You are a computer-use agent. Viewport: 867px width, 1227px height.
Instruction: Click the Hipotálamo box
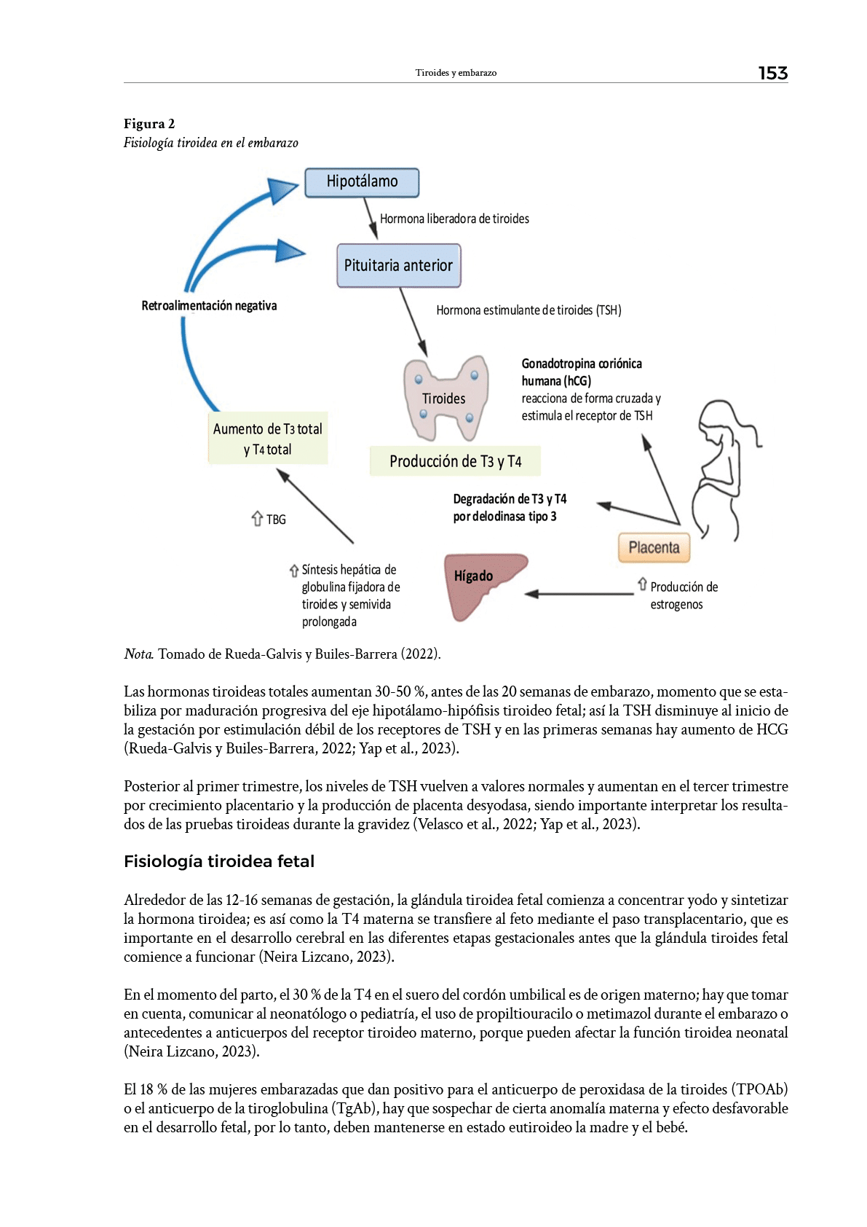(x=362, y=182)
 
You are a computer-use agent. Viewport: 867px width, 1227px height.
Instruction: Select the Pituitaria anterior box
(x=398, y=266)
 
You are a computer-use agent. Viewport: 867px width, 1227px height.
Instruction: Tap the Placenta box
(x=654, y=548)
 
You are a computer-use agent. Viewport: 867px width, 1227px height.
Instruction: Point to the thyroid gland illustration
(x=446, y=397)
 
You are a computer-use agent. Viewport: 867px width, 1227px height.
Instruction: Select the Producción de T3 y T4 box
(x=455, y=461)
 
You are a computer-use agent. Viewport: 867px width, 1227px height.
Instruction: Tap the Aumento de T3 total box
(x=267, y=439)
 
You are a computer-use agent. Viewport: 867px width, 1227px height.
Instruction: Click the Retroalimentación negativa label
(x=209, y=306)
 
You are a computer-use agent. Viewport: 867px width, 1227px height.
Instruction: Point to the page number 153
(x=772, y=73)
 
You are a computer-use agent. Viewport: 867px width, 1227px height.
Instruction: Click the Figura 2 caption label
(x=149, y=124)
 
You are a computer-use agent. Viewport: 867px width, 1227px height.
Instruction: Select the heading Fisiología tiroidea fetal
(x=219, y=861)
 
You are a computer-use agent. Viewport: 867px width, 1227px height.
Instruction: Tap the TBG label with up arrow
(x=269, y=520)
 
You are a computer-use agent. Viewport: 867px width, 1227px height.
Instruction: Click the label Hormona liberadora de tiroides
(x=454, y=219)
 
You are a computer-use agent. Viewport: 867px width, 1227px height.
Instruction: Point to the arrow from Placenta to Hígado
(x=579, y=594)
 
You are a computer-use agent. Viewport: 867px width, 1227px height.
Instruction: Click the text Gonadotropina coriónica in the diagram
(x=582, y=364)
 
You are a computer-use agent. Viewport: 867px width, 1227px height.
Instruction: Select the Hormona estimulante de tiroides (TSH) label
(x=528, y=310)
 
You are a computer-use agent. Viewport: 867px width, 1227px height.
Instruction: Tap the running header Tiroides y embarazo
(x=456, y=73)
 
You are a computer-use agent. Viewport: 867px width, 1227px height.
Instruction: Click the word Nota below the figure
(x=138, y=654)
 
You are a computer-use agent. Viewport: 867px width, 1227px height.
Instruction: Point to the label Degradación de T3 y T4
(x=510, y=499)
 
